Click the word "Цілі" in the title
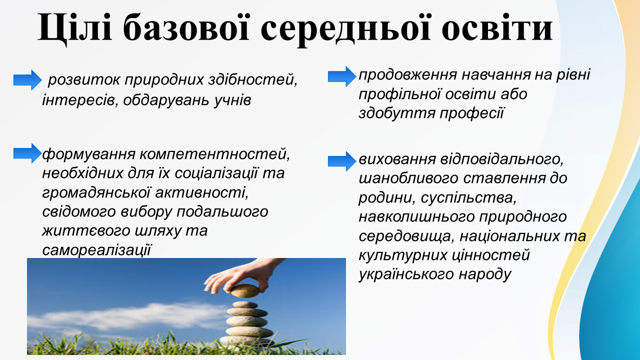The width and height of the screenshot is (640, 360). pos(75,28)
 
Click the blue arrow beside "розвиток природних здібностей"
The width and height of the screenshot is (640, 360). pos(27,80)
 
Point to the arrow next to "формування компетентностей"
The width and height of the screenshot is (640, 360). pos(27,153)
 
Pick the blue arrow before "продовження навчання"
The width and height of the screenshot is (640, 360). pos(342,76)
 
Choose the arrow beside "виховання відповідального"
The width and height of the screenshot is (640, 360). pos(342,161)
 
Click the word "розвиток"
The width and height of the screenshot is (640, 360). pos(83,79)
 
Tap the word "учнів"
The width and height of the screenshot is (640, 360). pos(232,100)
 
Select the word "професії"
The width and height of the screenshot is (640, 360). pos(471,113)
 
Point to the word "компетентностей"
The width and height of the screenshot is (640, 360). pos(214,154)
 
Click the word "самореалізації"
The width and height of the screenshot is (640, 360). pos(96,249)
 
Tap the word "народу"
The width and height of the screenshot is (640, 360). pos(485,275)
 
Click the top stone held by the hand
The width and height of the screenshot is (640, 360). pos(245,291)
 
